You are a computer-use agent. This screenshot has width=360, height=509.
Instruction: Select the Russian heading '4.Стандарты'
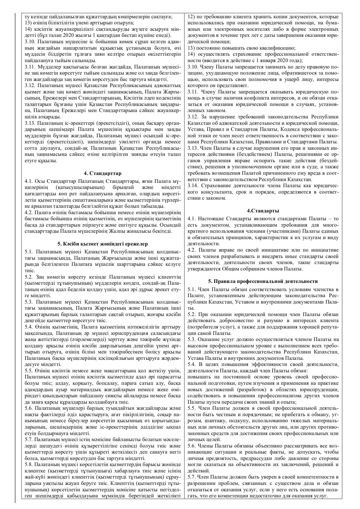tap(263, 211)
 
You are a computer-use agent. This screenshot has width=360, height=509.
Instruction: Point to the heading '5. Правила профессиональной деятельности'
tap(263, 281)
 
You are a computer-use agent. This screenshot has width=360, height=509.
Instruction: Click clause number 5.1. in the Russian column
tap(193, 289)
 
